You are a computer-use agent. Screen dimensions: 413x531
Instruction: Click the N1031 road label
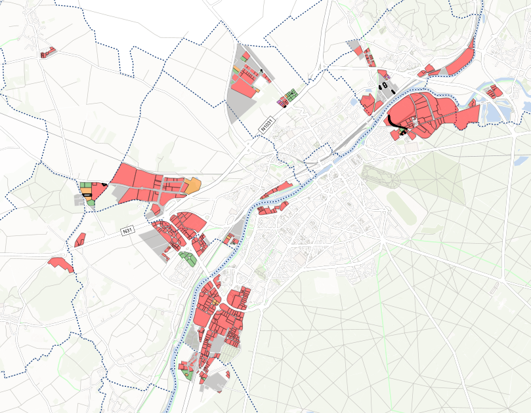pyautogui.click(x=266, y=125)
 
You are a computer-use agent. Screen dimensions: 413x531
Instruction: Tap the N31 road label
pyautogui.click(x=128, y=231)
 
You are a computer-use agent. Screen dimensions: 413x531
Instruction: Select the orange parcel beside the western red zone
pyautogui.click(x=192, y=186)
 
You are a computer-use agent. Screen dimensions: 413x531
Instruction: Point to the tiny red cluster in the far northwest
pyautogui.click(x=47, y=52)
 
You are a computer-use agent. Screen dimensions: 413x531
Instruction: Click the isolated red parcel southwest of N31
pyautogui.click(x=60, y=264)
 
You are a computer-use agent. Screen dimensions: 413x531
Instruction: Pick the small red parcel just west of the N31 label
pyautogui.click(x=81, y=239)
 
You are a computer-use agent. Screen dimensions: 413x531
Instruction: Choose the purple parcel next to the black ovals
pyautogui.click(x=387, y=76)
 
